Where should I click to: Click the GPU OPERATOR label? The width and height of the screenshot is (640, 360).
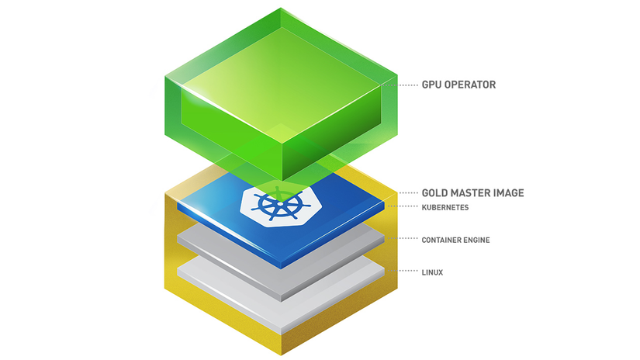(458, 85)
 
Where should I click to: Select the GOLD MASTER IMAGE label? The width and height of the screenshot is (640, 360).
(472, 192)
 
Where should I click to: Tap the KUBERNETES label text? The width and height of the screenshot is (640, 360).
(445, 207)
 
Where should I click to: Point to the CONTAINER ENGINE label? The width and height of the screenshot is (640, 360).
(455, 240)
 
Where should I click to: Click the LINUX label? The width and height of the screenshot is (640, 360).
(432, 272)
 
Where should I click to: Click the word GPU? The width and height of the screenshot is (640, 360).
(431, 85)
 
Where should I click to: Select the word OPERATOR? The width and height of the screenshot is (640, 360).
(470, 85)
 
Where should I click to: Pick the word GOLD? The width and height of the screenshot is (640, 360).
(434, 192)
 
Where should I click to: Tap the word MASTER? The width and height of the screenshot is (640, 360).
(472, 192)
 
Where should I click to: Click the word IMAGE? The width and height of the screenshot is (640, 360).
(510, 192)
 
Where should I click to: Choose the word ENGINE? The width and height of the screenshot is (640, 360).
(477, 240)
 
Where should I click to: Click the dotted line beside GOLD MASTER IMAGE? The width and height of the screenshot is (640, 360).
(409, 192)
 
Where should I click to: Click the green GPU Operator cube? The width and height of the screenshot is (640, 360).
(281, 94)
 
